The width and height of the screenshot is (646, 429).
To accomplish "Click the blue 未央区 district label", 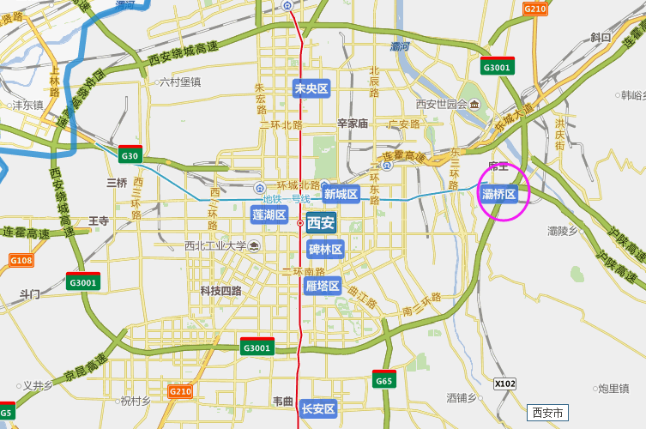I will coord(311,88).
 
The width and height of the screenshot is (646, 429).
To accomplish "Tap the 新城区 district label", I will coord(341,194).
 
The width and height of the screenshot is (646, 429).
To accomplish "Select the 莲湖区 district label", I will coord(269,214).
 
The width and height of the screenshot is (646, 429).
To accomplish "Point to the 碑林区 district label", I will coord(325,250).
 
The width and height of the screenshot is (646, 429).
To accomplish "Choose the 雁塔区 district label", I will coord(323,286).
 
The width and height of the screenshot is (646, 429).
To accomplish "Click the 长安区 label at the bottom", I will coord(318,409).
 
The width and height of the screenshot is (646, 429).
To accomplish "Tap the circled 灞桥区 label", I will coord(499,194).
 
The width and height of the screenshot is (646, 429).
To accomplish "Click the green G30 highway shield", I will coord(130,155).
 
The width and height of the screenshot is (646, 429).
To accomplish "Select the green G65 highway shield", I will coord(383,380).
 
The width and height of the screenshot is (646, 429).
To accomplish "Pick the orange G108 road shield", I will coord(21,260).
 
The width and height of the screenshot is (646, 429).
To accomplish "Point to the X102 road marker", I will coord(505,384).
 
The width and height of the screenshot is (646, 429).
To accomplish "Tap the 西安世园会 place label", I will coord(441,104).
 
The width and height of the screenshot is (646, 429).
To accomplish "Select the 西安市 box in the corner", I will coord(547,413).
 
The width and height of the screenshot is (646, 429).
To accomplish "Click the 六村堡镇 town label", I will coord(179,82).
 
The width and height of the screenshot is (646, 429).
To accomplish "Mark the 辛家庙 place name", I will coord(353,124).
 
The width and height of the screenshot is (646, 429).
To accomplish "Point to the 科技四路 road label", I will coord(220,291).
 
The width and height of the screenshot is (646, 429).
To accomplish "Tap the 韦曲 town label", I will coord(283,401).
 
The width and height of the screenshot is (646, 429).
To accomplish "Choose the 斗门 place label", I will coord(30,294).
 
